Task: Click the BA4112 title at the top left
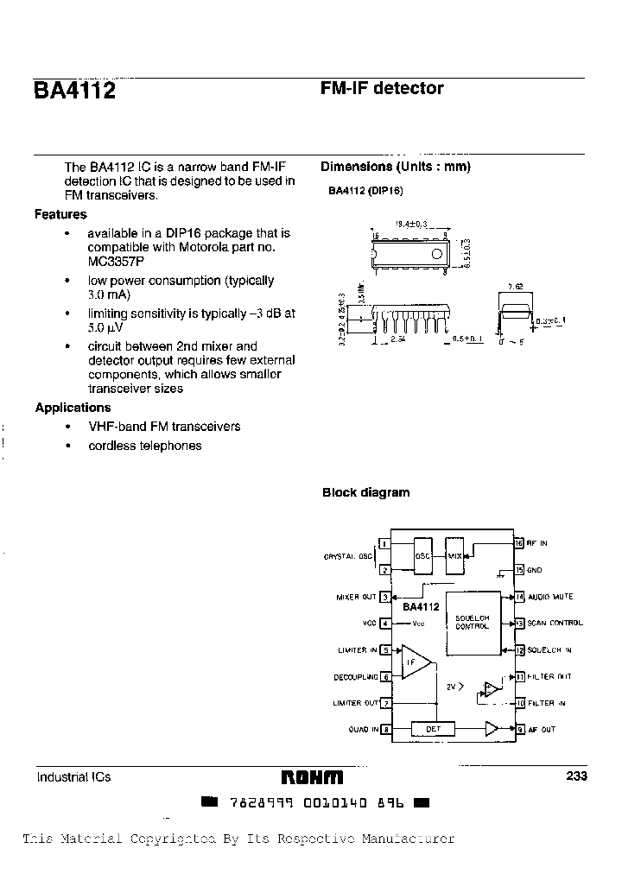(x=74, y=92)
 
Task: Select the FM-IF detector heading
(x=382, y=88)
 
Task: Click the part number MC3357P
(x=116, y=261)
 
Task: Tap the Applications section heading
(x=73, y=408)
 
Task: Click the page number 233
(x=576, y=776)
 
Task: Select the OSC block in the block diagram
(x=423, y=555)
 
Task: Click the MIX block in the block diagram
(x=455, y=555)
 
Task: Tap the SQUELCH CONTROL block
(x=472, y=622)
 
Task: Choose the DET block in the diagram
(x=434, y=729)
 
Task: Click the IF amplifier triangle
(x=415, y=663)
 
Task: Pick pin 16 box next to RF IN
(x=519, y=543)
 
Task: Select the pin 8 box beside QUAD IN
(x=385, y=730)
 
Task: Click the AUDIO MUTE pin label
(x=550, y=597)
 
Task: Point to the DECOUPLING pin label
(x=356, y=677)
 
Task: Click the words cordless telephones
(x=144, y=446)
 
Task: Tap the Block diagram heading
(x=365, y=492)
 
